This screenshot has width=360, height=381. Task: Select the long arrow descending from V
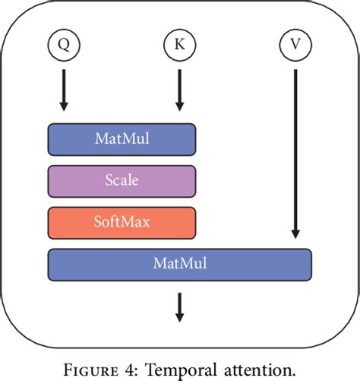coord(295,152)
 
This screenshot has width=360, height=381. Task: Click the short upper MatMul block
coord(122,139)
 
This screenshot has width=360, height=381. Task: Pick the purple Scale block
coord(122,181)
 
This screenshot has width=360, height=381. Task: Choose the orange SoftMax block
coord(122,222)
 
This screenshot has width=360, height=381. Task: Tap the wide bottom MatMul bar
coord(179,264)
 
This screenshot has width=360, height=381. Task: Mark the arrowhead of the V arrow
coord(295,233)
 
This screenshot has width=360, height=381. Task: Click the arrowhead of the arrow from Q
coord(63,106)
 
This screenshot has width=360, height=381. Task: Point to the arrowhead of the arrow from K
coord(179,106)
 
